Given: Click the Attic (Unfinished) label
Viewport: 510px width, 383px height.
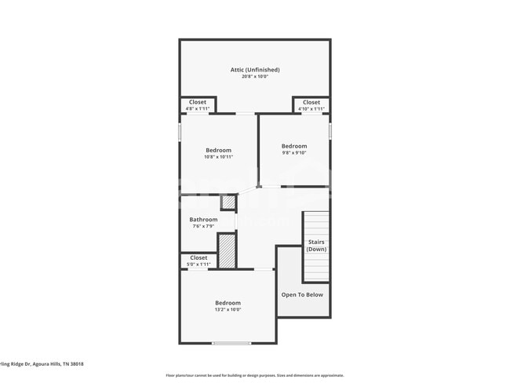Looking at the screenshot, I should click(254, 70).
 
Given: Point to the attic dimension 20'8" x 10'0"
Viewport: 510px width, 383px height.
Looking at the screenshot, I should click(254, 77).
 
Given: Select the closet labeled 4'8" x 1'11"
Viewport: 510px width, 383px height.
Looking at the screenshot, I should click(198, 104).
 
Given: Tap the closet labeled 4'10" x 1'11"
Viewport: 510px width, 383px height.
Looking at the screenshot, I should click(311, 104).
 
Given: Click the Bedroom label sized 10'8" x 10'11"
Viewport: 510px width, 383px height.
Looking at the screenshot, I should click(219, 150).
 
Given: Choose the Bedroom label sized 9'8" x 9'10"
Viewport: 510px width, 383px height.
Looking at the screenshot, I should click(294, 146).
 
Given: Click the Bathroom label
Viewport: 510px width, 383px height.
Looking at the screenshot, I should click(203, 220).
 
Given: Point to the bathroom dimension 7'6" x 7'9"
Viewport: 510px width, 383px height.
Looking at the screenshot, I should click(203, 226).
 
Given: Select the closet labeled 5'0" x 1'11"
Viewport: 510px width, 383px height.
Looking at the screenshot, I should click(199, 261).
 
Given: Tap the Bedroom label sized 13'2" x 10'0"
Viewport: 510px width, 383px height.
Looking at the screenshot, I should click(228, 303).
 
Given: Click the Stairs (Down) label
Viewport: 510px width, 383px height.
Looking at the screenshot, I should click(316, 246).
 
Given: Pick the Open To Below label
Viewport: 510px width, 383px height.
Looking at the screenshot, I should click(302, 295).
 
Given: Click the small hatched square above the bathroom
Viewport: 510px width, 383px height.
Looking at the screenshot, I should click(228, 202).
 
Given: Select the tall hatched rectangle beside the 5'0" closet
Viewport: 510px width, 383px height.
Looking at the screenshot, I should click(227, 251).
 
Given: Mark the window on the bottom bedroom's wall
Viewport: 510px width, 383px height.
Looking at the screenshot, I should click(231, 343).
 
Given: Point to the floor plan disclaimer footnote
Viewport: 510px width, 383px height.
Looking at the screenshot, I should click(254, 376).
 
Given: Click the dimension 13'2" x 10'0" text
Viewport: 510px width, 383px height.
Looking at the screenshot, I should click(228, 309).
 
